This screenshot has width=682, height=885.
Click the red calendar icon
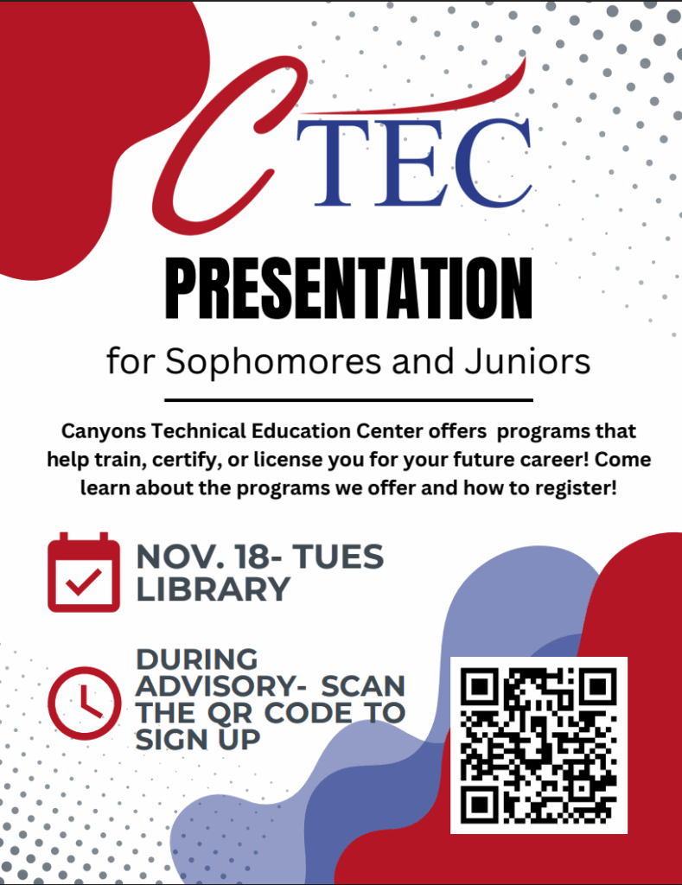point(84,572)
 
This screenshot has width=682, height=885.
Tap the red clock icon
point(84,704)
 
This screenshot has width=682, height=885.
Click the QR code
point(539,745)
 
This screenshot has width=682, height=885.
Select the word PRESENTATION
point(349,289)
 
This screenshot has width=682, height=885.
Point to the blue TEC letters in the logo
point(414,162)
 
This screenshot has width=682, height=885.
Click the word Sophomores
point(273,361)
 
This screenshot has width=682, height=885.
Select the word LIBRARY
point(213,589)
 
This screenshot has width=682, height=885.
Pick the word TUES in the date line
point(338,557)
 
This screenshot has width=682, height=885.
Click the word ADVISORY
point(216,686)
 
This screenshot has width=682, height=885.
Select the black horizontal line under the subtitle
point(349,400)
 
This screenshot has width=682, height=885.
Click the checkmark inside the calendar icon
point(84,582)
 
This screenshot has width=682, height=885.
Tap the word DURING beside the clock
point(197,659)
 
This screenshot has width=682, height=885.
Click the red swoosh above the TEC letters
point(429,96)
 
